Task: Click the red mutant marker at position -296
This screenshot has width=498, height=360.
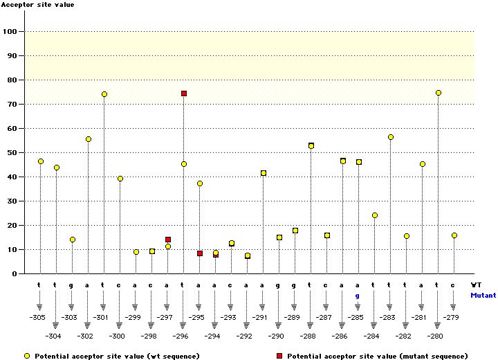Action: (184, 93)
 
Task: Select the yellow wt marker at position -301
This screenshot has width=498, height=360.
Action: (104, 94)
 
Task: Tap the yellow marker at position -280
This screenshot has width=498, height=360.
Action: (439, 93)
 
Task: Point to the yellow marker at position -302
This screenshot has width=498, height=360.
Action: (89, 139)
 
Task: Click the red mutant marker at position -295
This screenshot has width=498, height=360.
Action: (200, 253)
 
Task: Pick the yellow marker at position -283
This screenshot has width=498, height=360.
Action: (391, 137)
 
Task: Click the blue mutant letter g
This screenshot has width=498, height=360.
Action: (358, 296)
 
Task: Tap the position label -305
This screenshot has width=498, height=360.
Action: (37, 317)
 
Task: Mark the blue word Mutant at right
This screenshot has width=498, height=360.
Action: (483, 295)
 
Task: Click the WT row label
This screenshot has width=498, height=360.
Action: (476, 285)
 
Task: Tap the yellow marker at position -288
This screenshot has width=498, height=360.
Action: (311, 146)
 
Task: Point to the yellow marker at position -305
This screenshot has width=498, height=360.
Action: (41, 161)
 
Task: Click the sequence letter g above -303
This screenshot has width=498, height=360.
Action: (72, 285)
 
